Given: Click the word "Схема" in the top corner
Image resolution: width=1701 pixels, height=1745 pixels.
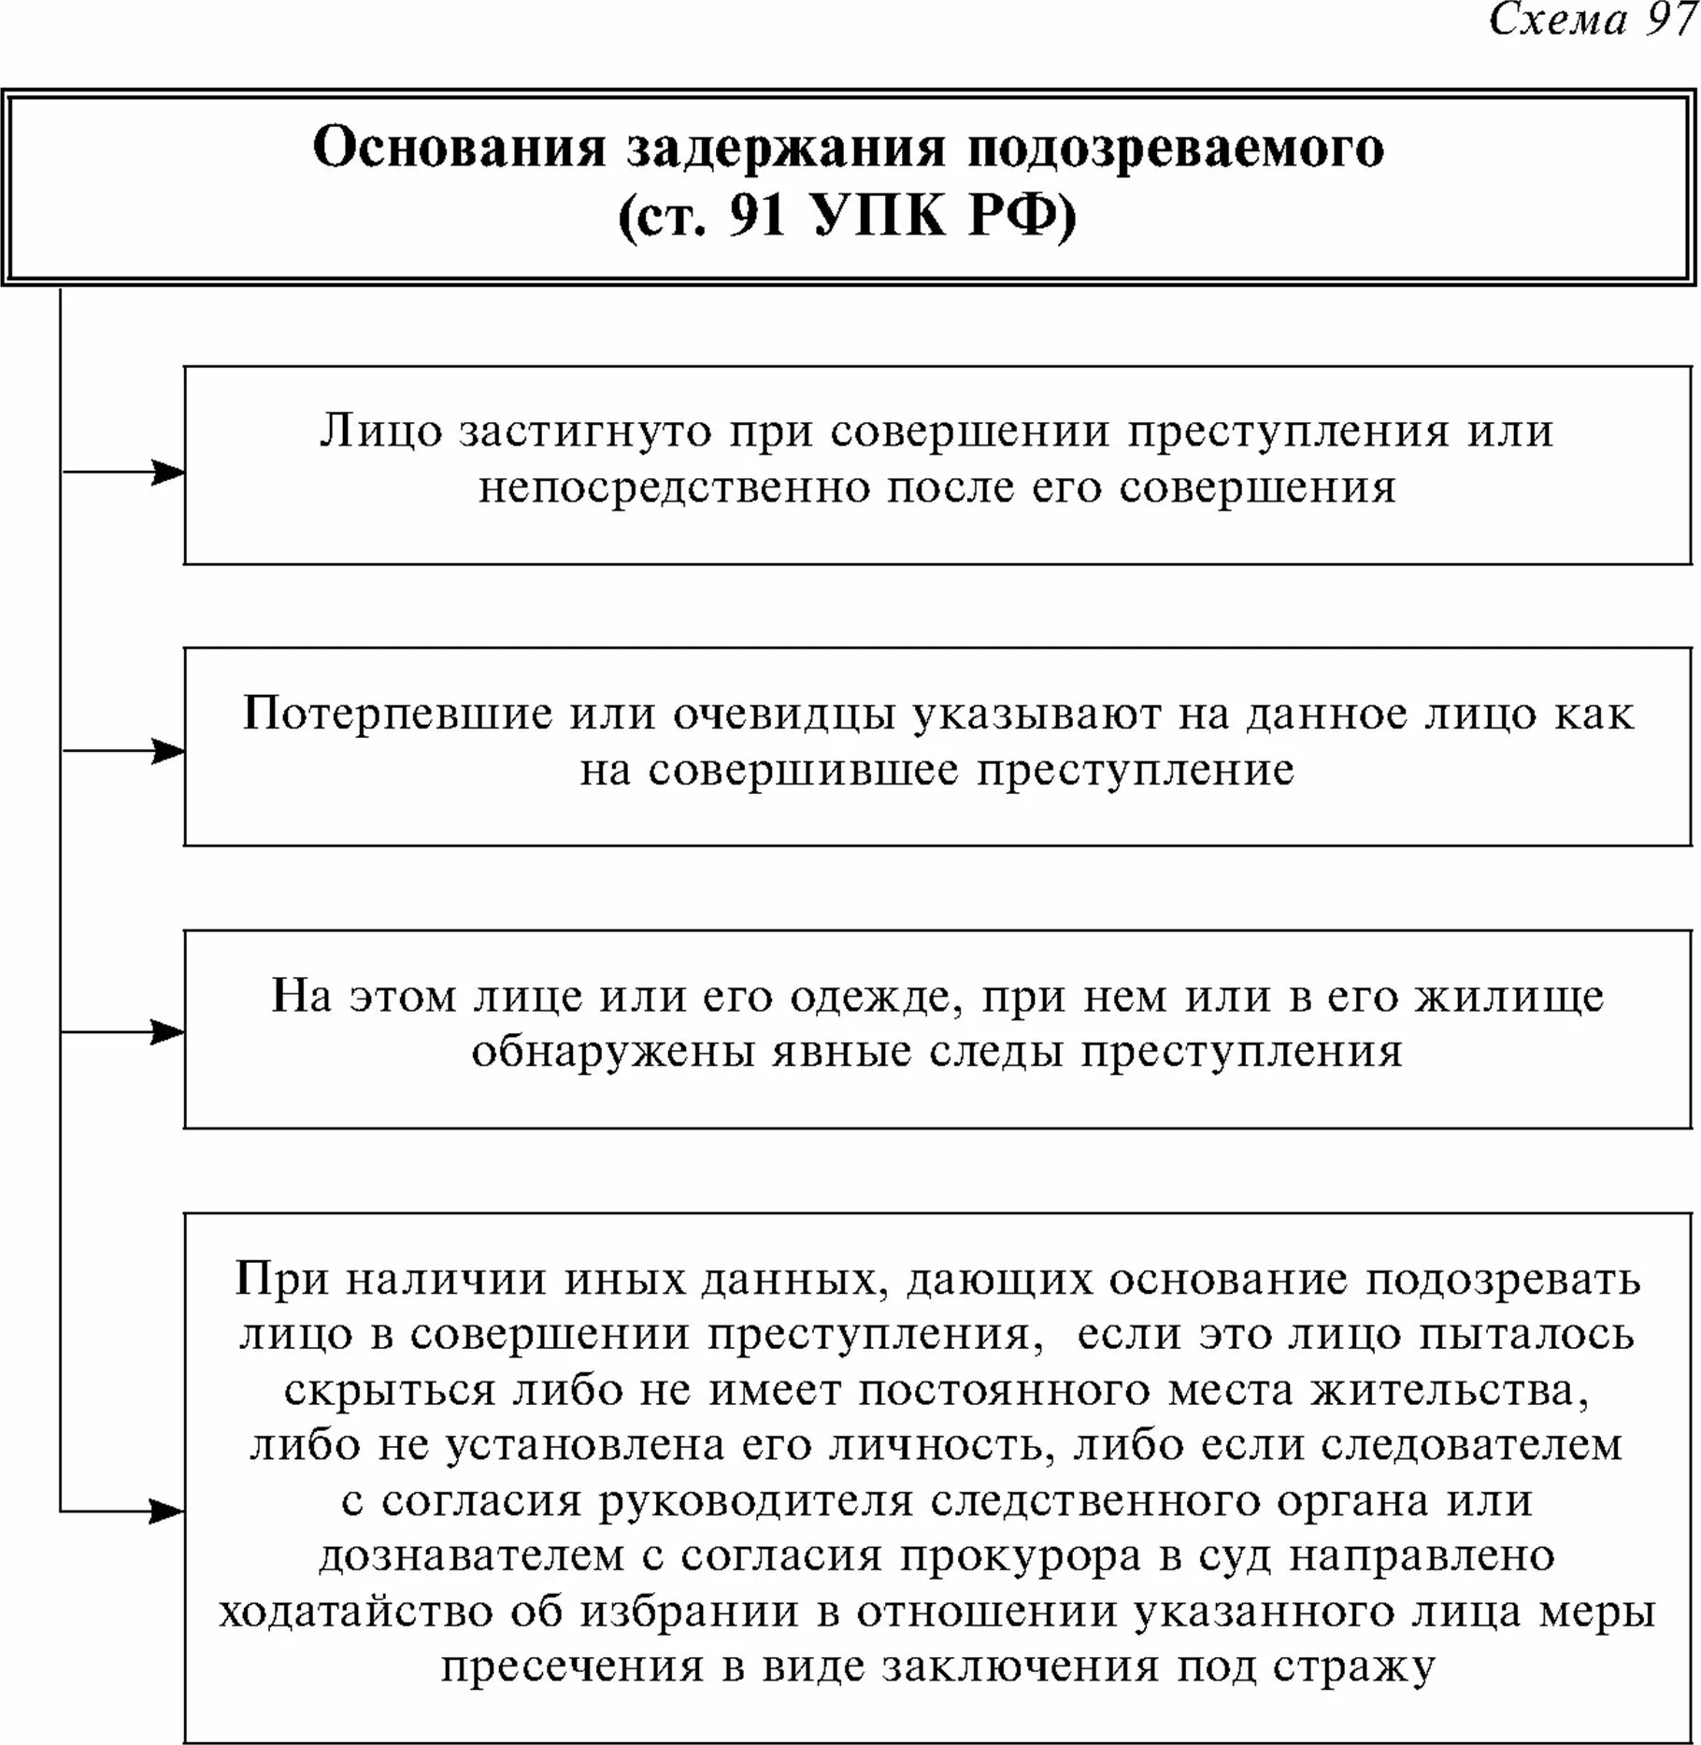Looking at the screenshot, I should coord(1558,21).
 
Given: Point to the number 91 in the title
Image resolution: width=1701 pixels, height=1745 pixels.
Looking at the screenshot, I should coord(757,217).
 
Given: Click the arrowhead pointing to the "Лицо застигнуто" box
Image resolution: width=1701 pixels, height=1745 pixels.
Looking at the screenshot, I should coord(169,473).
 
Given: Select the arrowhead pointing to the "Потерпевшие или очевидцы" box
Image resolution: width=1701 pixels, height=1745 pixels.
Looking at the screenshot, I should coord(169,752).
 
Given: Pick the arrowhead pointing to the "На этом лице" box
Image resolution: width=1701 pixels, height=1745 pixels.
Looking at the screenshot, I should coord(169,1032).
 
